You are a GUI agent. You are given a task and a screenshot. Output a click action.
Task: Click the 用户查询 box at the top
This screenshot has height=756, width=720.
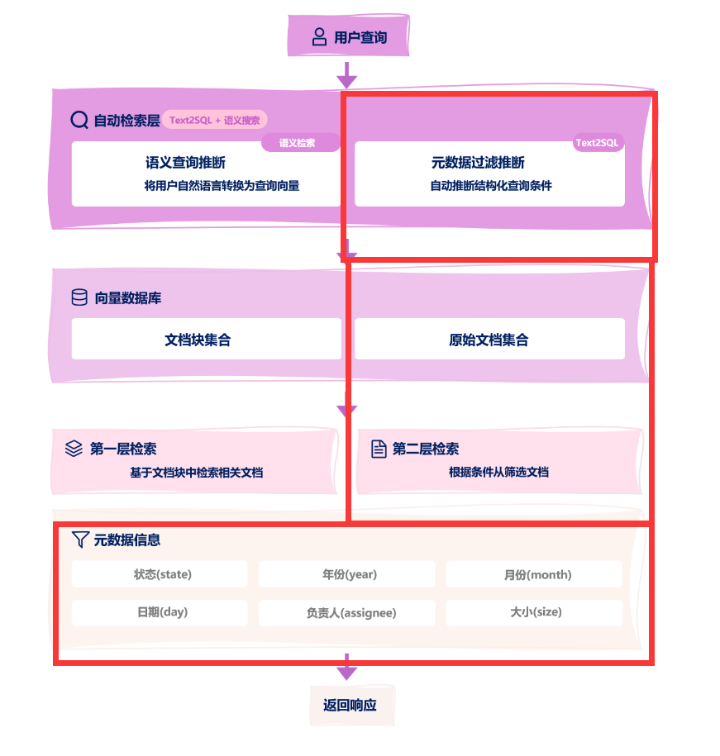[x=348, y=37]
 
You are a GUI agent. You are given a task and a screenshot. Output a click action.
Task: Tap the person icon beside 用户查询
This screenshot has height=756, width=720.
[x=319, y=37]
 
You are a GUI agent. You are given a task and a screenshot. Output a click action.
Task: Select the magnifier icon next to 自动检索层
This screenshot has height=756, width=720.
[x=79, y=120]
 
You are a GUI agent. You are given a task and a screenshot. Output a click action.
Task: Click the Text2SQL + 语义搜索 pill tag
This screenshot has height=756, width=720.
[x=215, y=120]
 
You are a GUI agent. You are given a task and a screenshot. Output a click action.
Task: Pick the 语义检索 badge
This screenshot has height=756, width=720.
[x=298, y=143]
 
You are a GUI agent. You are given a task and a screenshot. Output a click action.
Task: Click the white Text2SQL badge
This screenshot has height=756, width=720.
[x=597, y=143]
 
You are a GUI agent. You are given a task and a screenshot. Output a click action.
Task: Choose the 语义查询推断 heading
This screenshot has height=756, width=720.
[x=185, y=163]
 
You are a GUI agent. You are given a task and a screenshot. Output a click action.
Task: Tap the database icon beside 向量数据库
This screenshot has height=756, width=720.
[x=79, y=297]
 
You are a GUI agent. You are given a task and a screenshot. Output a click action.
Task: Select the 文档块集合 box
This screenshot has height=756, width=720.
[x=206, y=339]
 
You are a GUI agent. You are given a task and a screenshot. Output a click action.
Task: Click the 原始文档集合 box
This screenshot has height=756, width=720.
[x=489, y=339]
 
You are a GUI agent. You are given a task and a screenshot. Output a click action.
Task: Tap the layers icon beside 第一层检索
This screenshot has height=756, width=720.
[x=74, y=449]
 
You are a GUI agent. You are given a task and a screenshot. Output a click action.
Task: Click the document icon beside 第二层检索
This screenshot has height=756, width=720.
[x=379, y=449]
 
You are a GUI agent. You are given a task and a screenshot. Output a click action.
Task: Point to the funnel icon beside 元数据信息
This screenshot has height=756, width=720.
[x=79, y=540]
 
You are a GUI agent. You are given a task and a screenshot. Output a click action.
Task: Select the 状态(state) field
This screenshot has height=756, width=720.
[x=160, y=574]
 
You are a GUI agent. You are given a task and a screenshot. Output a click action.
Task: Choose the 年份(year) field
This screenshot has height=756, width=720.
[x=347, y=574]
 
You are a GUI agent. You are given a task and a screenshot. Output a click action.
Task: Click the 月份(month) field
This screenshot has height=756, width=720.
[x=534, y=574]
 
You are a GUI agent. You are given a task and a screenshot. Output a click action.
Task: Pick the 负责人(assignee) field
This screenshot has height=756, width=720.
[x=347, y=613]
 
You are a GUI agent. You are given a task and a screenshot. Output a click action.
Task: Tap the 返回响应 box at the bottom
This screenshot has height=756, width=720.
[x=350, y=706]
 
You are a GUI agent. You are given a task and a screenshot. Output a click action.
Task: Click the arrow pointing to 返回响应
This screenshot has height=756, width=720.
[x=347, y=666]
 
